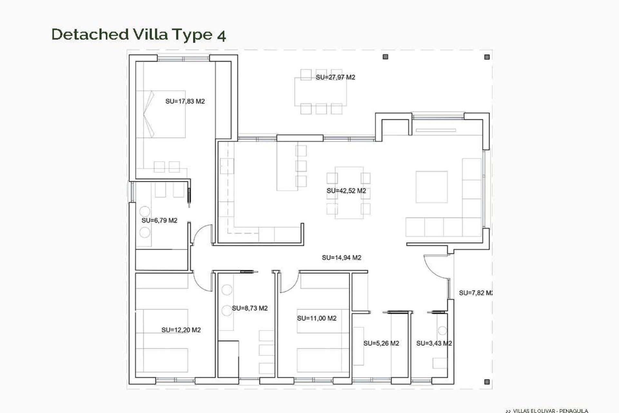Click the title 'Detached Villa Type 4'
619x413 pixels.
(x=139, y=34)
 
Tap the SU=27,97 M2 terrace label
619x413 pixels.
(x=335, y=77)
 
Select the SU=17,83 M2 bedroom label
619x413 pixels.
(x=185, y=101)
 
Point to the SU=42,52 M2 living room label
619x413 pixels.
(x=346, y=191)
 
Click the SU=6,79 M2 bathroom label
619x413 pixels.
(x=159, y=221)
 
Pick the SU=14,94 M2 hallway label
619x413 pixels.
(x=341, y=257)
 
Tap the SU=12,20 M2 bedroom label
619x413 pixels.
(x=181, y=330)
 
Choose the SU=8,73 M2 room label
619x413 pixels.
(x=250, y=308)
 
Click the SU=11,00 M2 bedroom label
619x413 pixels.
(x=317, y=318)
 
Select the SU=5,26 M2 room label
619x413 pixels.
(x=381, y=343)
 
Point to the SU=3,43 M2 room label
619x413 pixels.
(x=434, y=343)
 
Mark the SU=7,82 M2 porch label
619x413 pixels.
(x=476, y=293)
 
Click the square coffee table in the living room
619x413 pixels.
(x=431, y=187)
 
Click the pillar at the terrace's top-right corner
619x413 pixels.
(x=487, y=57)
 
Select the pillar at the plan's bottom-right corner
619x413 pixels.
(x=487, y=382)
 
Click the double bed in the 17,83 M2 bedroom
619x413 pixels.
(x=161, y=114)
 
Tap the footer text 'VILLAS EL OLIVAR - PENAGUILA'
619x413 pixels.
(x=550, y=411)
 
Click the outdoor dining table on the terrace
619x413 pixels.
(x=320, y=92)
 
